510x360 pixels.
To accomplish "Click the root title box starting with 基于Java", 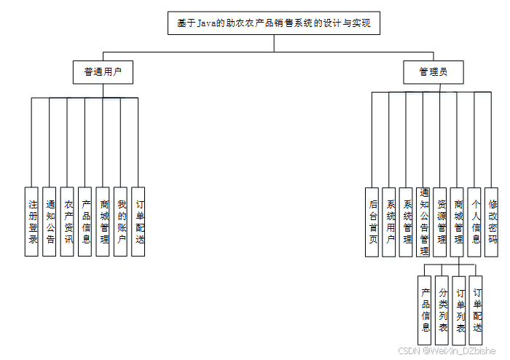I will click(x=274, y=23).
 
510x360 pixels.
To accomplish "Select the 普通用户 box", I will click(x=103, y=72).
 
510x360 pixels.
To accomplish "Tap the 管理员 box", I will click(x=433, y=72).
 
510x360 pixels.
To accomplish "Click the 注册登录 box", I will click(x=32, y=222).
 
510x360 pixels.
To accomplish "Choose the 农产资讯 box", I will click(x=68, y=222).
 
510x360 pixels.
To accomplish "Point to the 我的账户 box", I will click(x=121, y=222).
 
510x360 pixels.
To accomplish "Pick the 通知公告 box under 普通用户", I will click(x=50, y=222).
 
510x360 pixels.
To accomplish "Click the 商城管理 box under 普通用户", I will click(x=103, y=222).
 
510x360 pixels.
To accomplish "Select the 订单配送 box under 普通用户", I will click(x=138, y=222).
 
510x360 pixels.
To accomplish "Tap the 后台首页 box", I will click(x=372, y=222).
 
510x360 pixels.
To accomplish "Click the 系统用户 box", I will click(x=390, y=222).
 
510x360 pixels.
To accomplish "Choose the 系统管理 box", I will click(x=407, y=222).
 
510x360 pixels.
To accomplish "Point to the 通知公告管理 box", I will click(x=424, y=222).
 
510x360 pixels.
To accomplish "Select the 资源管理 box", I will click(x=441, y=222).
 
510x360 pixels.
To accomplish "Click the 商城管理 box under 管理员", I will click(x=458, y=222).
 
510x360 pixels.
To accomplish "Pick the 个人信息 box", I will click(x=476, y=222).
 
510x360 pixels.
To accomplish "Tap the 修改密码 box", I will click(x=493, y=222).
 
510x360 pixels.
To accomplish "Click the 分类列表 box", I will click(x=442, y=310).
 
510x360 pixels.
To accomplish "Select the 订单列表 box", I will click(x=460, y=310).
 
